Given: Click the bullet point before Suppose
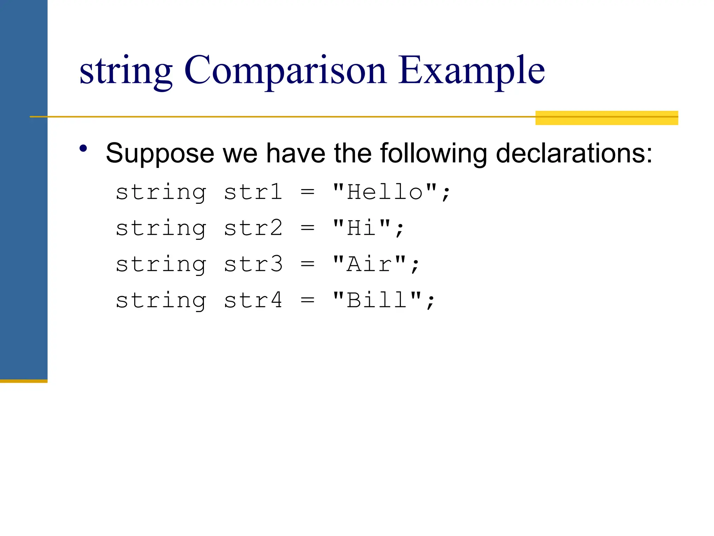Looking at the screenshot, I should (83, 149).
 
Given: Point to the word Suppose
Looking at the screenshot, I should (160, 154).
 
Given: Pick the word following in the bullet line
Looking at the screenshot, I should (433, 154).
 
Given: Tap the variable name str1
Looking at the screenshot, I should (253, 192).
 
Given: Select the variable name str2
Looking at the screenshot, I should (253, 228).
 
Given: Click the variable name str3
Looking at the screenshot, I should (253, 264).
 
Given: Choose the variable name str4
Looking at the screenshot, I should (253, 300).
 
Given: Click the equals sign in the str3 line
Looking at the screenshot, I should (307, 264).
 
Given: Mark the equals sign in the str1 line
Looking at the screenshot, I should (307, 192).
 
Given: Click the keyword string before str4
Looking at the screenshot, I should (161, 301).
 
